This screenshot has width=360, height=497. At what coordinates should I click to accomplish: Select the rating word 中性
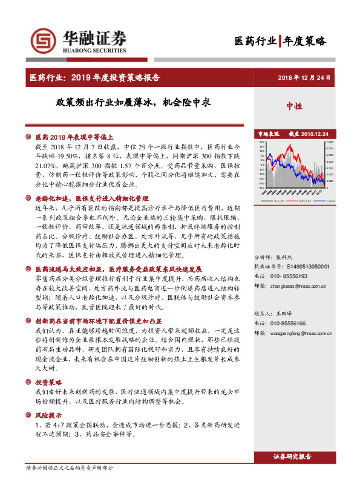pos(295,106)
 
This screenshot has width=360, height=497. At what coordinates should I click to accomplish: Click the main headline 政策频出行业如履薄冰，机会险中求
pos(134,102)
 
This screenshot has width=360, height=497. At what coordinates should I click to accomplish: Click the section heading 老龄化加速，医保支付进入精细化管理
pos(91,198)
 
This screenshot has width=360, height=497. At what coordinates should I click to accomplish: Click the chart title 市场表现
pos(269,134)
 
